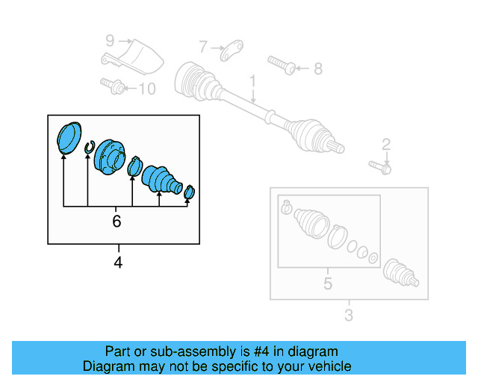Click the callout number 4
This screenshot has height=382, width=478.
(x=117, y=262)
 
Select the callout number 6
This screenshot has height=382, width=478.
(x=117, y=221)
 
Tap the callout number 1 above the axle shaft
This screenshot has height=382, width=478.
(x=252, y=81)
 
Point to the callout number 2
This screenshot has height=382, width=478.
(x=386, y=144)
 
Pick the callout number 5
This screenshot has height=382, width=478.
(x=327, y=284)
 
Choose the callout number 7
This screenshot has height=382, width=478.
(x=203, y=47)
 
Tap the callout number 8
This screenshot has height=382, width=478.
(x=317, y=69)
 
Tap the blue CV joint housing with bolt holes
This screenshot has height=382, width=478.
(x=111, y=156)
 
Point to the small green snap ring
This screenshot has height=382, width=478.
(x=88, y=149)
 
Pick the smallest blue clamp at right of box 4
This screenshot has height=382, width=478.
(x=189, y=192)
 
